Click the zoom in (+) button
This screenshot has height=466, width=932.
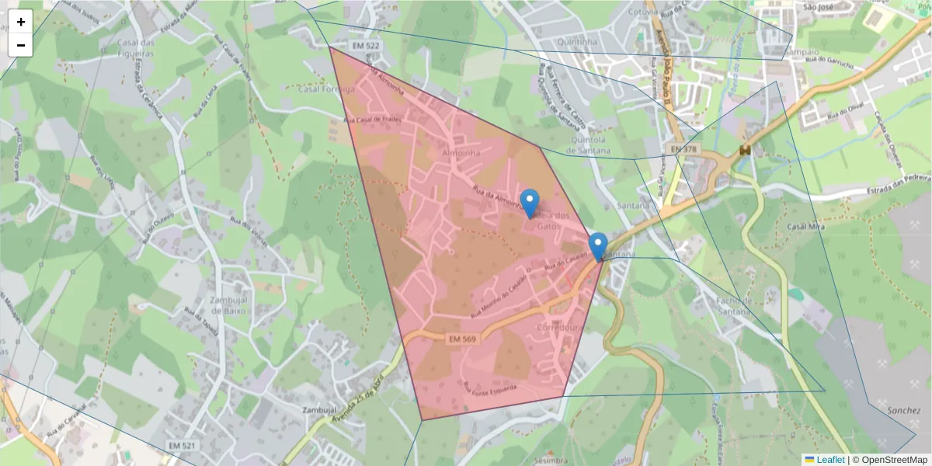21,22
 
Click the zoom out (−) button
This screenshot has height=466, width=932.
21,45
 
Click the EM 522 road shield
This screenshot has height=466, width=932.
366,47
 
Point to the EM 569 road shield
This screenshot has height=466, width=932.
461,339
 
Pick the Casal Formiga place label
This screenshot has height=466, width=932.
326,89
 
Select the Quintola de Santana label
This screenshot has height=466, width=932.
590,144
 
